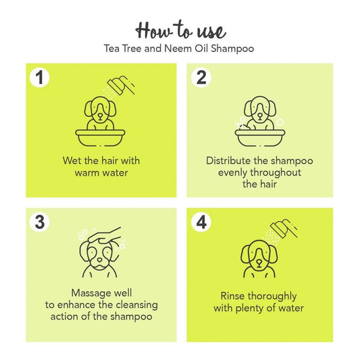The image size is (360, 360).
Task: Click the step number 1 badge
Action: (x=41, y=78)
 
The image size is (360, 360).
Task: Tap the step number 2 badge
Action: (x=200, y=78)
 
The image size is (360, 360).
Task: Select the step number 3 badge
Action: (x=41, y=222)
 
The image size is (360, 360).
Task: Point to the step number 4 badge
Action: (x=200, y=222)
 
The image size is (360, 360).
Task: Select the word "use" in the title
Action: (x=211, y=31)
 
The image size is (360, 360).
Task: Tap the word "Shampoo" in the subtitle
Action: (x=233, y=49)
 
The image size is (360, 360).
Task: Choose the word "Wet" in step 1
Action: (x=70, y=161)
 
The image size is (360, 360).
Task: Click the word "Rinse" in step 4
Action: (x=234, y=296)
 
